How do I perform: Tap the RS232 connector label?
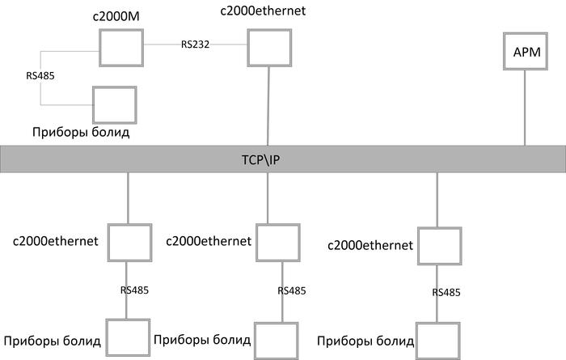pyautogui.click(x=196, y=44)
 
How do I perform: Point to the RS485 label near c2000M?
pyautogui.click(x=40, y=77)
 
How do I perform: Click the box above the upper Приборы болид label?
pyautogui.click(x=114, y=104)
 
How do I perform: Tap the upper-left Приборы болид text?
pyautogui.click(x=81, y=131)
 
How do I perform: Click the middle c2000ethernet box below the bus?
pyautogui.click(x=277, y=243)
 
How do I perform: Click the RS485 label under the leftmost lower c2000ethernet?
pyautogui.click(x=134, y=290)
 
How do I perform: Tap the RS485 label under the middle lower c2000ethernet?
pyautogui.click(x=292, y=290)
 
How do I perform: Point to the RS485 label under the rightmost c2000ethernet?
pyautogui.click(x=446, y=292)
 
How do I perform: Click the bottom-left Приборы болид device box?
pyautogui.click(x=127, y=338)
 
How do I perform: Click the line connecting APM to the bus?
pyautogui.click(x=526, y=109)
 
